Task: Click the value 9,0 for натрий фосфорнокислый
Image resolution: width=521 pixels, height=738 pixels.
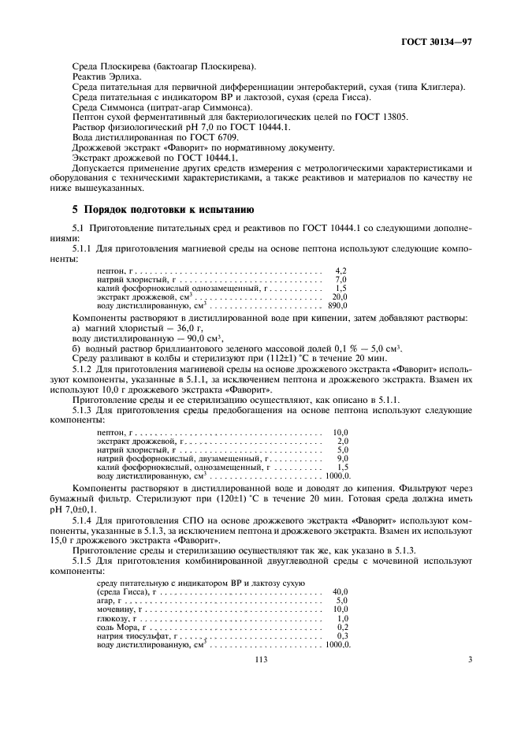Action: coord(342,458)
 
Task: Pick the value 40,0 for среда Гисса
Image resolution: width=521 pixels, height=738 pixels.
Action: coord(341,591)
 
